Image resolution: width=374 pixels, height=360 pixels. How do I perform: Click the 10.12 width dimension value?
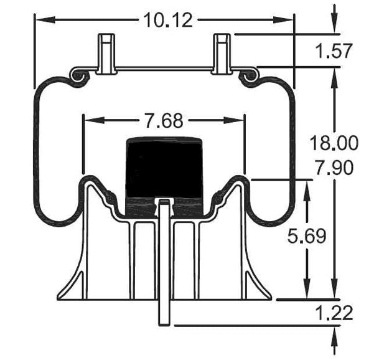168,20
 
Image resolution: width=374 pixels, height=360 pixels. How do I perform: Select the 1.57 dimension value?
334,51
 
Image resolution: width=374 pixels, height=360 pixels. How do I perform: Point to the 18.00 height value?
334,143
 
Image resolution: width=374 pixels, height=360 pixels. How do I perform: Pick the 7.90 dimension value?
334,168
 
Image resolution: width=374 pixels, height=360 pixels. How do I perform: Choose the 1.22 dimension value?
334,311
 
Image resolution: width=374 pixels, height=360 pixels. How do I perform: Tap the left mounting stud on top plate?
106,52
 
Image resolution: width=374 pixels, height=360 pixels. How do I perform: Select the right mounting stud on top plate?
223,52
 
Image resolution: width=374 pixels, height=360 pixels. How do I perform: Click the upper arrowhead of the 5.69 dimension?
306,187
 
